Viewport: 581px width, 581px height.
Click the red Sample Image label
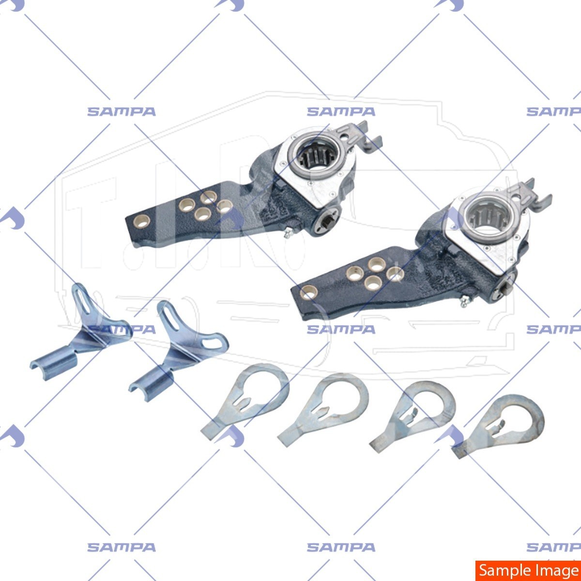(x=528, y=570)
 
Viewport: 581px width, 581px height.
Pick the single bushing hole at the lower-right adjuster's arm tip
(x=309, y=292)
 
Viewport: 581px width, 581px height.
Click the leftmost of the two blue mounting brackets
(x=82, y=329)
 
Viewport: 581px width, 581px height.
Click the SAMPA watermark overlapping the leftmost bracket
(x=121, y=329)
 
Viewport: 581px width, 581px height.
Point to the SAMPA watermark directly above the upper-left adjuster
(x=341, y=112)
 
